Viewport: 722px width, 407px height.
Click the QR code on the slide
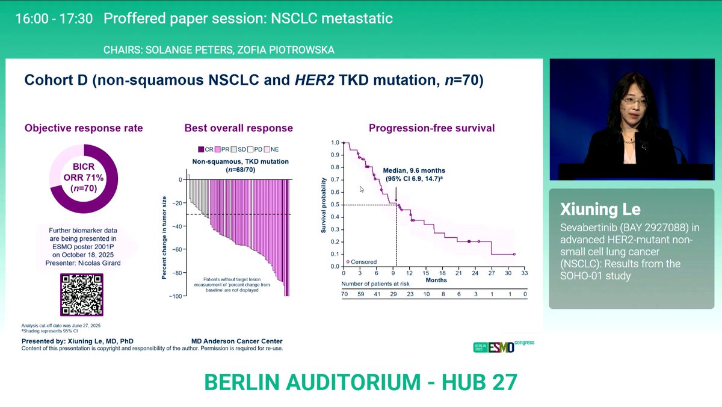click(81, 294)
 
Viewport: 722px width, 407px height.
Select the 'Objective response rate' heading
click(84, 128)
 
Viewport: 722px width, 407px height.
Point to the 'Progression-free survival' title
click(431, 128)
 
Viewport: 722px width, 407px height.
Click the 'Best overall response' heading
click(239, 128)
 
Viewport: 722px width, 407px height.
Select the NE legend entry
click(270, 149)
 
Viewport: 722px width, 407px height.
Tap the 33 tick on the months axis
click(524, 273)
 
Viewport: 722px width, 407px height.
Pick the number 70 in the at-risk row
click(345, 294)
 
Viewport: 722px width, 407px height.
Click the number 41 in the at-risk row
click(377, 294)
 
